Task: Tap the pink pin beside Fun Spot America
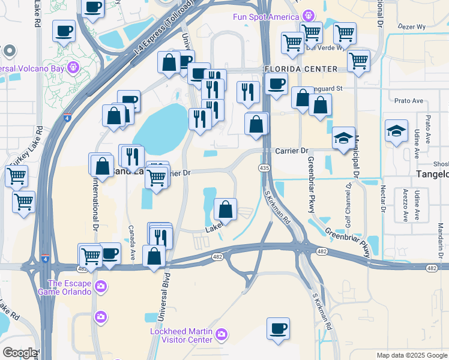coord(309,15)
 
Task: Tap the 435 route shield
coord(264,167)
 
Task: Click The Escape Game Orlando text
coord(68,287)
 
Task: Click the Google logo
coord(20,353)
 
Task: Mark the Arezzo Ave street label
coord(406,205)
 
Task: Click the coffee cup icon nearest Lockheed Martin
coord(278,329)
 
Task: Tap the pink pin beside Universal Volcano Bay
coord(74,66)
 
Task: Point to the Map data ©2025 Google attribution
coord(412,355)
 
